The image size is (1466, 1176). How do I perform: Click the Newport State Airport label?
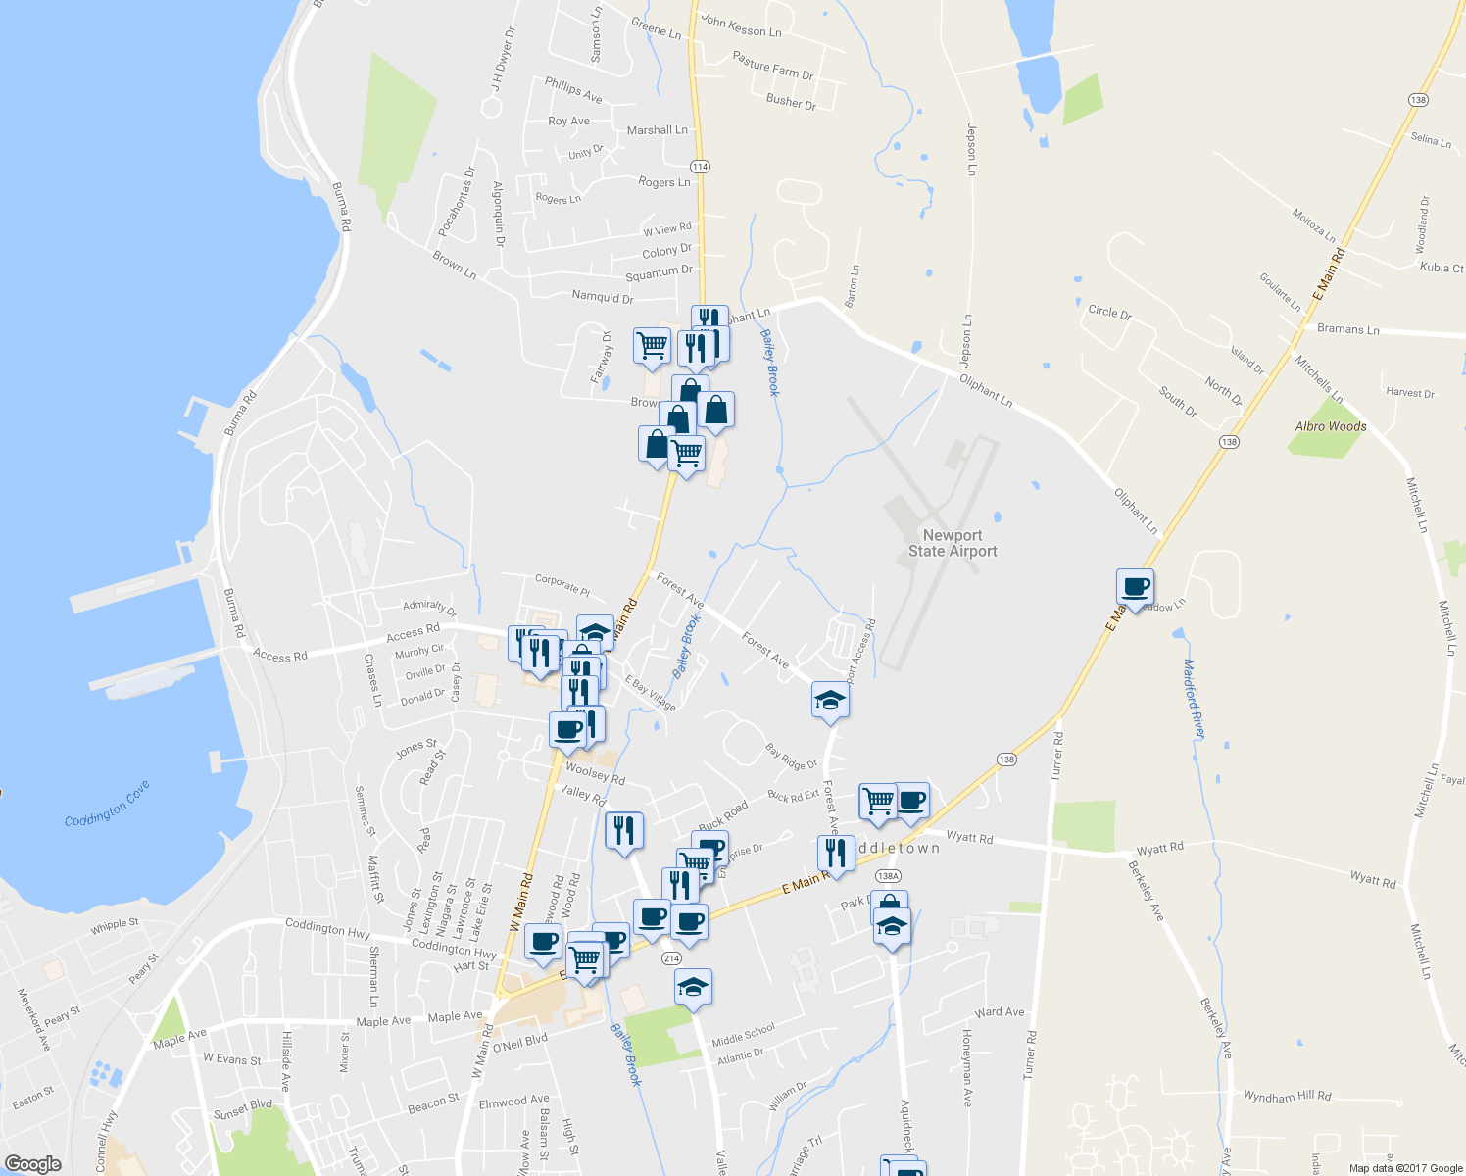click(x=952, y=543)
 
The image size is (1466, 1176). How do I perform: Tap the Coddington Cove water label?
click(x=108, y=804)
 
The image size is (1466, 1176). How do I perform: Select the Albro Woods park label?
click(x=1330, y=426)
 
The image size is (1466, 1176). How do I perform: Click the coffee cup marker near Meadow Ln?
click(x=1135, y=587)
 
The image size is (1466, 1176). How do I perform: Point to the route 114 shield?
click(x=700, y=167)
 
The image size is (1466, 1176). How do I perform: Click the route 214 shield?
click(x=671, y=957)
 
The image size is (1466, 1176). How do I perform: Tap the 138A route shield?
click(x=888, y=876)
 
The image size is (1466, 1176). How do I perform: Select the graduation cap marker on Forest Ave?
click(x=830, y=701)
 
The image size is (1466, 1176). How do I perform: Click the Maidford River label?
click(x=1194, y=698)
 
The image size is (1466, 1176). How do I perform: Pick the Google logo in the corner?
click(x=32, y=1164)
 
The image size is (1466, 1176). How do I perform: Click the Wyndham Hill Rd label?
click(x=1287, y=1096)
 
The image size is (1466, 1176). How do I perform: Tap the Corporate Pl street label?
click(x=562, y=585)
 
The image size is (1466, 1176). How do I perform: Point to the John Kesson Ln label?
click(x=741, y=26)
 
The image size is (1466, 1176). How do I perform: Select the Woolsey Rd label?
click(x=595, y=774)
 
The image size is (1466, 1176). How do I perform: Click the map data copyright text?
click(x=1405, y=1168)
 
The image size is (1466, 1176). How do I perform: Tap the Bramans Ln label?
click(x=1347, y=329)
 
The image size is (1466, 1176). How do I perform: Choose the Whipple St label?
click(x=115, y=924)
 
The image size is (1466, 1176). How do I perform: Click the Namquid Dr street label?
click(x=603, y=296)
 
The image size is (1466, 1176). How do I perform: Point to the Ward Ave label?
click(x=1000, y=1012)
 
